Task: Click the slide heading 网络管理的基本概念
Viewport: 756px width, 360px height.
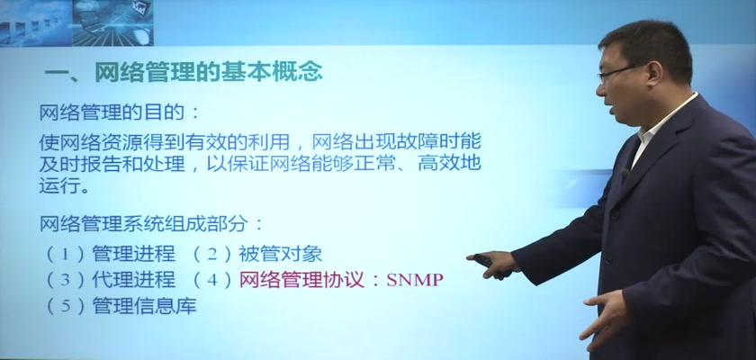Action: coord(208,73)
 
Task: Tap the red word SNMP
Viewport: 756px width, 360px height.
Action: coord(415,280)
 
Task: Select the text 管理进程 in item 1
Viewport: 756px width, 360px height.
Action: coord(133,254)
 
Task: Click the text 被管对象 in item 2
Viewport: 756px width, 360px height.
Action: coord(280,254)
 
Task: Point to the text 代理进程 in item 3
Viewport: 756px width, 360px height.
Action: coord(133,280)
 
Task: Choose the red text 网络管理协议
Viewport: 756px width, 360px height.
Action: coord(301,280)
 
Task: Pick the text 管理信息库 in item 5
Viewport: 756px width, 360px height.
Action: coord(144,305)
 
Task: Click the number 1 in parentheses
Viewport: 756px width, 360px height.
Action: coord(66,255)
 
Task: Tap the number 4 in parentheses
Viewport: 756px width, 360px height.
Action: coord(212,280)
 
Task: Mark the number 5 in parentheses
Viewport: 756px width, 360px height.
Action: coord(66,306)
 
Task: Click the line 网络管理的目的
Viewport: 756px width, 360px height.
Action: coord(112,112)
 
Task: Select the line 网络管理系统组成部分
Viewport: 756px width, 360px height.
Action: coord(144,223)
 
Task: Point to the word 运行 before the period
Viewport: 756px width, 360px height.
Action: coord(58,186)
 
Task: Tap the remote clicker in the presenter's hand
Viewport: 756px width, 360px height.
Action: coord(483,261)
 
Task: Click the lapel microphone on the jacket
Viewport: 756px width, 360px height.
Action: coord(625,175)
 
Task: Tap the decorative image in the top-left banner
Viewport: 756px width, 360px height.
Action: coord(76,22)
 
